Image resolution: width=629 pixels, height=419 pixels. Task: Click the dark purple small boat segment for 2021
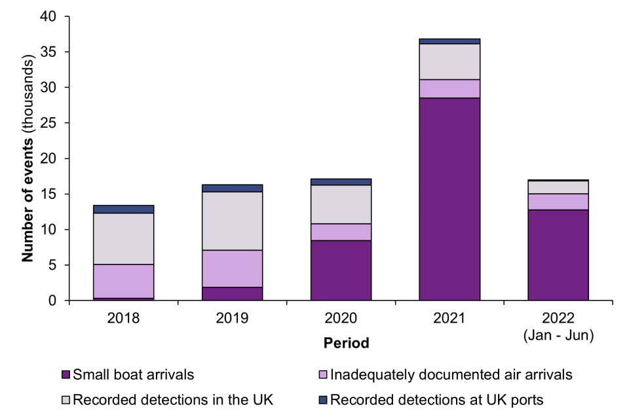pyautogui.click(x=449, y=199)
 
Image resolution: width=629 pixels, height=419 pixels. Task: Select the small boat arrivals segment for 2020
pyautogui.click(x=341, y=270)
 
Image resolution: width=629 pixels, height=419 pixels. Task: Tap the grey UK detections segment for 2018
pyautogui.click(x=123, y=238)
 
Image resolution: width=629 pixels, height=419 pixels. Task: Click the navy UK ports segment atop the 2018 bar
pyautogui.click(x=123, y=209)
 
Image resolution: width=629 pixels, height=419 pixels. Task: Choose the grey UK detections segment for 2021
pyautogui.click(x=449, y=62)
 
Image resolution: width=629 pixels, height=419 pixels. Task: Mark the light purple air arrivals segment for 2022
pyautogui.click(x=558, y=202)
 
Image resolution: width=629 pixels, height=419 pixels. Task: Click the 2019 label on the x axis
pyautogui.click(x=232, y=319)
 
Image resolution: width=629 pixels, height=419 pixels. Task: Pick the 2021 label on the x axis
pyautogui.click(x=449, y=319)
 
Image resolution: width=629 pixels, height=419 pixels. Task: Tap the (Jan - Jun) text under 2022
pyautogui.click(x=558, y=336)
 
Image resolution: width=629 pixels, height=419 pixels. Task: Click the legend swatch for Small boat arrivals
pyautogui.click(x=65, y=376)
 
